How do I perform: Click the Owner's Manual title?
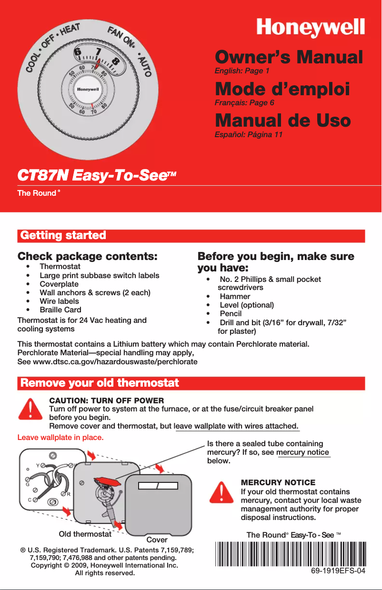(x=289, y=58)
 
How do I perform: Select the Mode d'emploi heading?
(x=282, y=89)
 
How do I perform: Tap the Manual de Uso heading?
(x=283, y=120)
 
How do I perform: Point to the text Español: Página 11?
(x=249, y=135)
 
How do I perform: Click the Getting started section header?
(x=62, y=236)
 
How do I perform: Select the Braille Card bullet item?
(x=60, y=310)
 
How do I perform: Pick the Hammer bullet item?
(x=235, y=296)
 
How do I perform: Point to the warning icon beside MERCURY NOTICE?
(x=221, y=492)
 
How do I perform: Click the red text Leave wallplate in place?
(x=60, y=437)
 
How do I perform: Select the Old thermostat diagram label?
(x=85, y=534)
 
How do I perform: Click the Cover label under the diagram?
(x=157, y=540)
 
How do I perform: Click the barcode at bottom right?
(x=291, y=554)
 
